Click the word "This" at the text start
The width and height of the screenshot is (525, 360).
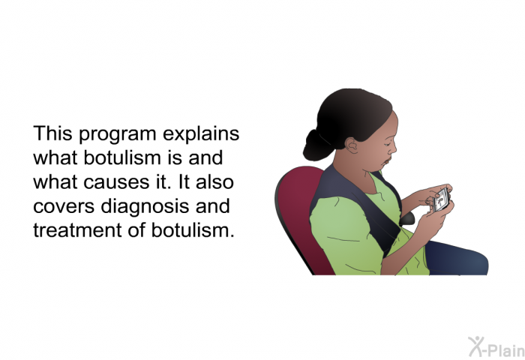(52, 133)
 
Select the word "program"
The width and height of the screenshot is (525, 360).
(118, 135)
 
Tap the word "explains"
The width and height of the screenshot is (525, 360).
(201, 134)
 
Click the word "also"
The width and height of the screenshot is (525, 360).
(214, 181)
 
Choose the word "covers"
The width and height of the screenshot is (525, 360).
(64, 206)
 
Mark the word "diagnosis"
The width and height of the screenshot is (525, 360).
(145, 207)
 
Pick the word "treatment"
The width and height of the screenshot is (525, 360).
(77, 230)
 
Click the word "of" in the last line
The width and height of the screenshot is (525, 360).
(136, 229)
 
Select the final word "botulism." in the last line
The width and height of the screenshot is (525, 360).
(193, 229)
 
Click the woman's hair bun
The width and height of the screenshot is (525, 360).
(317, 145)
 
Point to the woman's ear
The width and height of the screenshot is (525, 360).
(352, 145)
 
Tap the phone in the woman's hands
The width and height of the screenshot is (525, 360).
(441, 200)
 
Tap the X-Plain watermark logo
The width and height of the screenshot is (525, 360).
(496, 347)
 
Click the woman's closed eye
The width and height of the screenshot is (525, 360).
(387, 144)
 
